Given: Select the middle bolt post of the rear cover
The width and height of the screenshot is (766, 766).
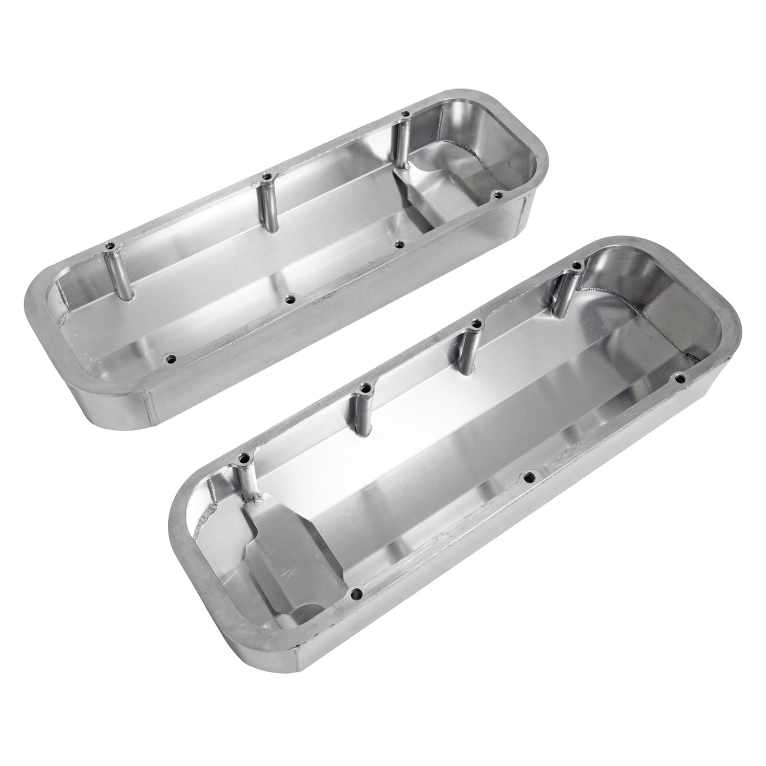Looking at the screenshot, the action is (x=266, y=206).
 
